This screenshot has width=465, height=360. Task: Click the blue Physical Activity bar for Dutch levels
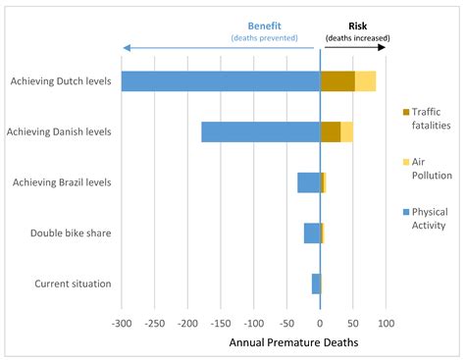coord(221,81)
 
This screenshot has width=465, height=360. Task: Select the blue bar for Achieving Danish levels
coord(261,131)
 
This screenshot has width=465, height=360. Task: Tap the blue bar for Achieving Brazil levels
coord(309,182)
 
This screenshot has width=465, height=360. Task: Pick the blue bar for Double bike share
coord(312,232)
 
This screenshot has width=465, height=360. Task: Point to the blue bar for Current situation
coord(316,283)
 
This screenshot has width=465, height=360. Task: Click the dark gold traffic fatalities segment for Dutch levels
coord(337,81)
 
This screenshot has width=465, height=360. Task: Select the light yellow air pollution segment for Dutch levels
coord(365,81)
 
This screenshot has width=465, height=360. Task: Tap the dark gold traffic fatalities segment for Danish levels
coord(331,131)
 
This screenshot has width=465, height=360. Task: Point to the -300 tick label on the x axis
coord(122,322)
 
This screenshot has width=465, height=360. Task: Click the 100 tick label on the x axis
coord(386,322)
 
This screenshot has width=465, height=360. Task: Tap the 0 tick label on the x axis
coord(320,322)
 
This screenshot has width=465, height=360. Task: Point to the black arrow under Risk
coord(357,46)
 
